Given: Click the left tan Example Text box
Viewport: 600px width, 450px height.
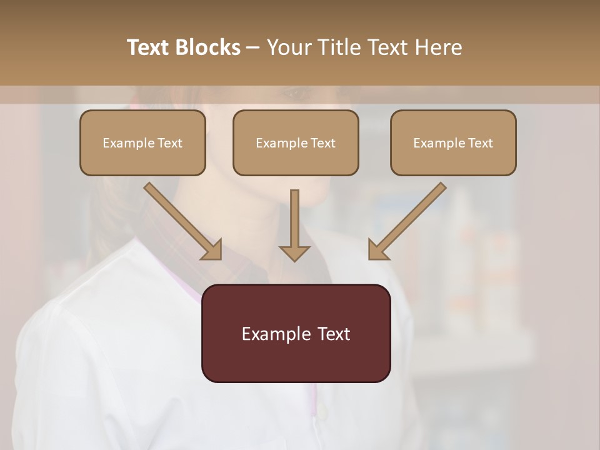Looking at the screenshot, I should coord(142,142).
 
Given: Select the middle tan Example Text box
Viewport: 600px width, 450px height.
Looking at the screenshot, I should coord(296,142).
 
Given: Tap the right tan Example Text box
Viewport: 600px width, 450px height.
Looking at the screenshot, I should coord(453,142).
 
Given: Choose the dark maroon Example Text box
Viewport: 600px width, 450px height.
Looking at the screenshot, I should coord(296,333).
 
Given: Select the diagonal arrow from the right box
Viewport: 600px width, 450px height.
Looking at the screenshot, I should coord(407,221).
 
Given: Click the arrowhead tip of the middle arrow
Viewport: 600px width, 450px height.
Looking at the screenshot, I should coord(294,259).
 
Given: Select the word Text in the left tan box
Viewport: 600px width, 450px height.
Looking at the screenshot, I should coord(169,143).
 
